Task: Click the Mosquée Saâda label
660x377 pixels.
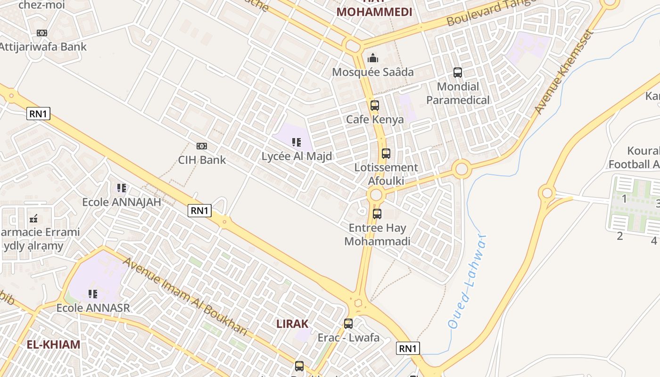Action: tap(373, 72)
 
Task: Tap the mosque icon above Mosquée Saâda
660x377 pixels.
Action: tap(373, 58)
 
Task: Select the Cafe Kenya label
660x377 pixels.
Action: tap(375, 119)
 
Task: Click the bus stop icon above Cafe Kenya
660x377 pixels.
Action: tap(375, 106)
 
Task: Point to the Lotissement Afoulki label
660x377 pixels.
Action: tap(386, 174)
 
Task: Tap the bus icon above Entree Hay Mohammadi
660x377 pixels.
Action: tap(377, 214)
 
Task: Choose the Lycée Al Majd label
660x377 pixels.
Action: tap(297, 156)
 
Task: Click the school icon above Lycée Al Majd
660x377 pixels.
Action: tap(297, 142)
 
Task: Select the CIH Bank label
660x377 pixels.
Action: tap(202, 160)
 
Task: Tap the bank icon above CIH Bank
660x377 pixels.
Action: tap(202, 146)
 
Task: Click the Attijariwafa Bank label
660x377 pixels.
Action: tap(42, 47)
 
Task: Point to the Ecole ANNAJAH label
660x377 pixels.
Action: tap(122, 202)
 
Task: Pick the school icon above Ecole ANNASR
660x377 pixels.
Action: tap(93, 294)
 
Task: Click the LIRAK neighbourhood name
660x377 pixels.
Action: tap(292, 324)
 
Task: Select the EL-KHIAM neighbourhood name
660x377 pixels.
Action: tap(53, 344)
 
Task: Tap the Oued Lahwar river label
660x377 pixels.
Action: tap(466, 283)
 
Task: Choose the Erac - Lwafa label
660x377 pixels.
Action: tap(348, 337)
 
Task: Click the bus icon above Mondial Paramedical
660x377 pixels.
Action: tap(458, 73)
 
